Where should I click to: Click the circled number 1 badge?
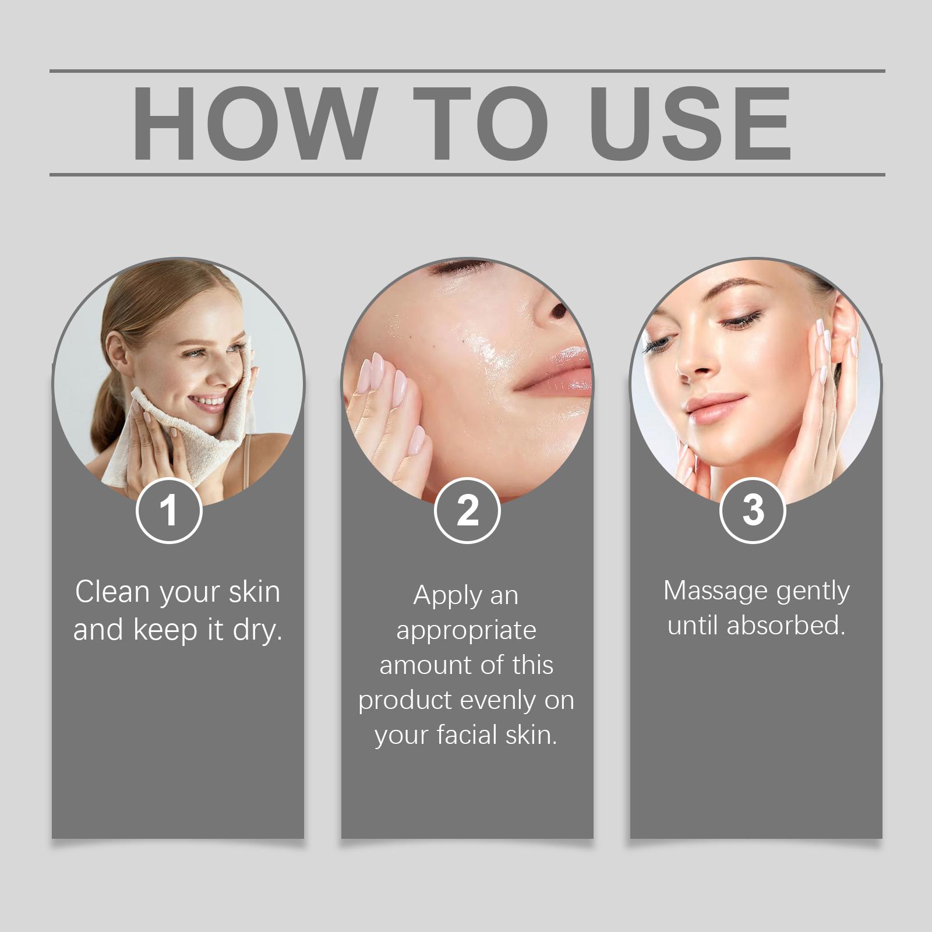169,510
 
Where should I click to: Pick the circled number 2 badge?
467,510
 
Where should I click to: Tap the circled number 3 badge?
753,510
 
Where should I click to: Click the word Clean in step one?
112,592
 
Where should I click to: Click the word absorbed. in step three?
786,625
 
